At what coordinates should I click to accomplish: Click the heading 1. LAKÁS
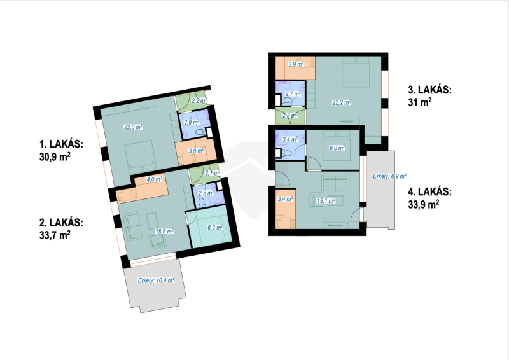pos(61,144)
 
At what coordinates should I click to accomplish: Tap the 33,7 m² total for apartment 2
pos(55,234)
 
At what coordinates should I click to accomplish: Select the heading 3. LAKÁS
pos(430,90)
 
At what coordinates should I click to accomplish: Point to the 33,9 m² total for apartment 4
pos(424,204)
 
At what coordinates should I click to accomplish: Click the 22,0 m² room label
pos(133,127)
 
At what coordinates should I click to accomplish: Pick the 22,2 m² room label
pos(342,102)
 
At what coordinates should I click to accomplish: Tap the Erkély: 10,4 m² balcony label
pos(156,280)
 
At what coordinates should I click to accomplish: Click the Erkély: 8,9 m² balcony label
pos(389,176)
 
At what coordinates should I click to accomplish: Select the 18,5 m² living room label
pos(164,231)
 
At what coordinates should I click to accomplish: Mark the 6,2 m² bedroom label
pos(215,228)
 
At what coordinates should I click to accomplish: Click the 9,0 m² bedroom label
pos(337,148)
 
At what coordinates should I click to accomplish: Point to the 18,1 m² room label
pos(326,200)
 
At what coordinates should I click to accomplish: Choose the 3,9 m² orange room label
pos(296,64)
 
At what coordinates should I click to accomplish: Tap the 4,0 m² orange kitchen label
pos(155,179)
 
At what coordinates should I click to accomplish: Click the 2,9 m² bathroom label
pos(192,122)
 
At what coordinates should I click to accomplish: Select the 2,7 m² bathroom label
pos(293,93)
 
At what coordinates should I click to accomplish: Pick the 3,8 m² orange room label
pos(196,151)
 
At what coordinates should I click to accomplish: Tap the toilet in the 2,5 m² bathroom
pos(201,202)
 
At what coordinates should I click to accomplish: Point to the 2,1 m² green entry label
pos(213,173)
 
